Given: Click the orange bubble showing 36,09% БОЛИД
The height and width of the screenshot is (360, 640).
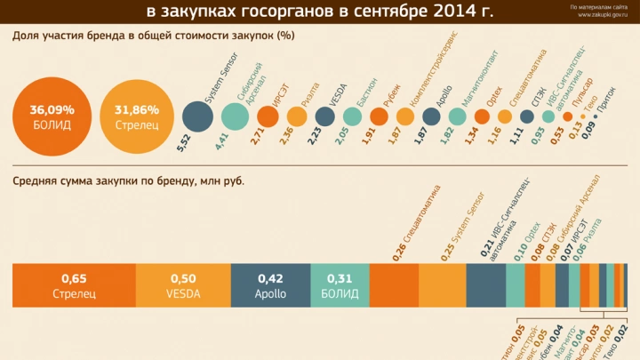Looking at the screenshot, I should (52, 116).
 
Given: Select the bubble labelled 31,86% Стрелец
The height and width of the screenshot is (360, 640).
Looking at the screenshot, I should (137, 116).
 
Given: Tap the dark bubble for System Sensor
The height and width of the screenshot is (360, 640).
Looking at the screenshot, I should (197, 116).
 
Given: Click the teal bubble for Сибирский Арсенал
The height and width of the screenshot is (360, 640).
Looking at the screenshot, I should (235, 116).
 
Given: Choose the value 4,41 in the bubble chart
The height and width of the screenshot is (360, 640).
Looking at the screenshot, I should (222, 141).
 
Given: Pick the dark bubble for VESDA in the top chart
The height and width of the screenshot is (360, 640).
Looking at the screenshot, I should (325, 116).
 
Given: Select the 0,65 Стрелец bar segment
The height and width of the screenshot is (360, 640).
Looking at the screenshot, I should (73, 285).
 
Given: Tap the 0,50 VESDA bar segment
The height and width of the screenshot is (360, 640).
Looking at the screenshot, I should (182, 285).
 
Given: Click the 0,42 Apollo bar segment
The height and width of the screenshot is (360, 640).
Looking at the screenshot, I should (269, 285).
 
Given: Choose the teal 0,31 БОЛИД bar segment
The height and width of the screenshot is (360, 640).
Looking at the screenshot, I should (339, 285).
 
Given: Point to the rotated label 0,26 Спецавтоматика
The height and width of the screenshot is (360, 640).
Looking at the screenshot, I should (416, 223).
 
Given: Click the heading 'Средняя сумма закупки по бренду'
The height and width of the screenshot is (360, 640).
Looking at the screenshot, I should (129, 181).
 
